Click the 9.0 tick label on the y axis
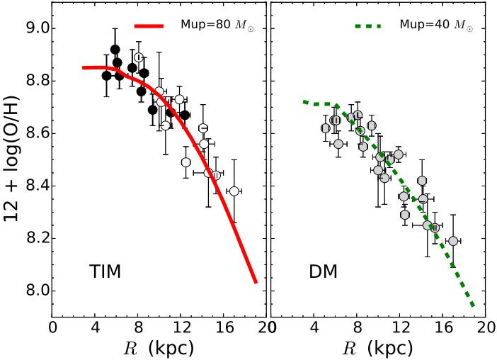coord(36,29)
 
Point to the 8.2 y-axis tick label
coord(36,239)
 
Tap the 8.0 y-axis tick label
coord(36,291)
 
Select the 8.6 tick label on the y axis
coord(36,134)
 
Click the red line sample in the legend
coord(149,26)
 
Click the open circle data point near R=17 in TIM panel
coord(234,191)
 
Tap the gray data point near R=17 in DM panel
coord(453,241)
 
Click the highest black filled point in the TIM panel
coord(115,50)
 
